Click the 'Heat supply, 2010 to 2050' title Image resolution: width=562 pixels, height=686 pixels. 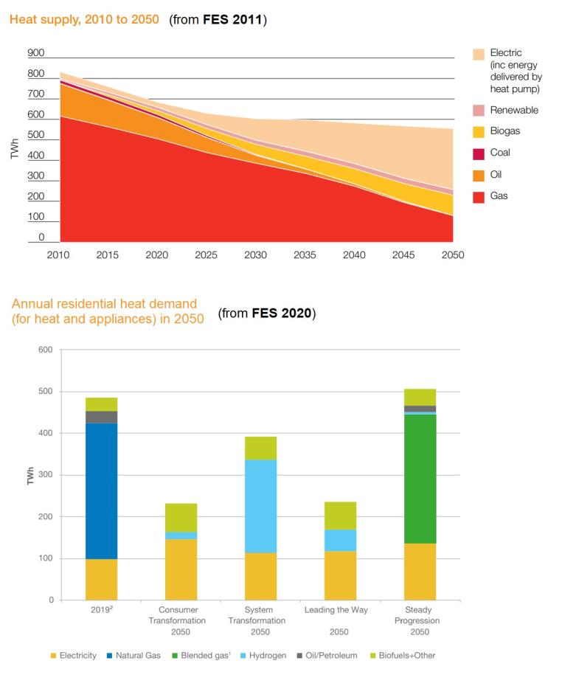tap(83, 19)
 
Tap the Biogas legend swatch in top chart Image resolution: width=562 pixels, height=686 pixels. tap(479, 132)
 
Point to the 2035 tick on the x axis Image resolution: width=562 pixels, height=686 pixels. tap(305, 254)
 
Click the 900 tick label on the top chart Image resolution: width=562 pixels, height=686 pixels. tap(35, 53)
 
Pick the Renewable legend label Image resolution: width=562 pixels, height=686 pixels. tap(514, 111)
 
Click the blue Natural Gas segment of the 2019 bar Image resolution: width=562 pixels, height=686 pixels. tap(101, 491)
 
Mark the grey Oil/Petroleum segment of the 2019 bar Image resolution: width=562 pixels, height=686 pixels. tap(101, 417)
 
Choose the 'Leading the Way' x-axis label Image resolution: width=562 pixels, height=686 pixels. tap(339, 610)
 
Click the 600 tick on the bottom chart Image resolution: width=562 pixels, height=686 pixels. tap(46, 350)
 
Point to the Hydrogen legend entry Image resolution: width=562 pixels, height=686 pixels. tap(262, 656)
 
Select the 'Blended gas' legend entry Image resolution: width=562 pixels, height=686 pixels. tap(202, 656)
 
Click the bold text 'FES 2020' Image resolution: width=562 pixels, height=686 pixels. tap(283, 313)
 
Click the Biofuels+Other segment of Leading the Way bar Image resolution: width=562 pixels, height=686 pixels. tap(340, 516)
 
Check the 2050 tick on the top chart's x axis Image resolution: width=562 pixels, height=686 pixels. tap(452, 254)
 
